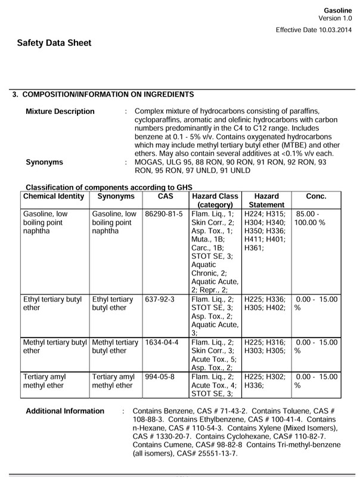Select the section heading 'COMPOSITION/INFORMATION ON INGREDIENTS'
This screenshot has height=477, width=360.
pyautogui.click(x=107, y=94)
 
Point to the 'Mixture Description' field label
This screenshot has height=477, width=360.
pyautogui.click(x=60, y=111)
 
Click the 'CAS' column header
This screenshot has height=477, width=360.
pyautogui.click(x=166, y=196)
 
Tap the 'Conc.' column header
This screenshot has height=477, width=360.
pyautogui.click(x=316, y=196)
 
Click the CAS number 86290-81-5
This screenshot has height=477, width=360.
pyautogui.click(x=164, y=213)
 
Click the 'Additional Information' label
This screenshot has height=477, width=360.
pyautogui.click(x=65, y=411)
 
